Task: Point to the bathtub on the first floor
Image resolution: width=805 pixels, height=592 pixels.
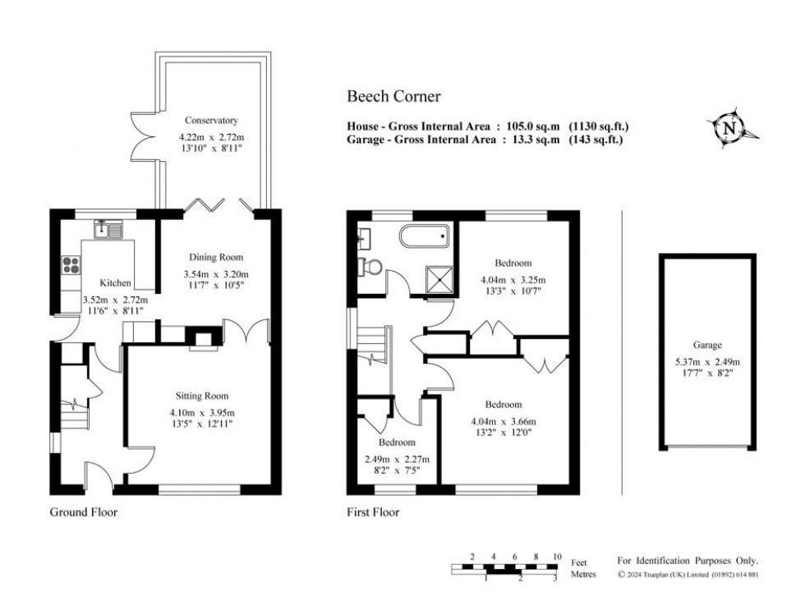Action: pyautogui.click(x=424, y=238)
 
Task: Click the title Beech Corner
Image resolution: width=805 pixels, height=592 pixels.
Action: pyautogui.click(x=393, y=97)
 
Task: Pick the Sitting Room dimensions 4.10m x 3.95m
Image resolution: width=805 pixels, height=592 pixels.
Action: pyautogui.click(x=201, y=412)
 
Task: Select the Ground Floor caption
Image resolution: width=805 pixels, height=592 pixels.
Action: pyautogui.click(x=83, y=512)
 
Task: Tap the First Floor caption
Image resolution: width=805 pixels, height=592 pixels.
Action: pyautogui.click(x=372, y=512)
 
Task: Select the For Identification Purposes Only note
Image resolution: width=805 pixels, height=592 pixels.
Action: pyautogui.click(x=688, y=559)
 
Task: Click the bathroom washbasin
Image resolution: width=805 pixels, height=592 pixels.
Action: pyautogui.click(x=363, y=239)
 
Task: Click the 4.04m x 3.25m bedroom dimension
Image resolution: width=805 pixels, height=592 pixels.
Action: pyautogui.click(x=513, y=279)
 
